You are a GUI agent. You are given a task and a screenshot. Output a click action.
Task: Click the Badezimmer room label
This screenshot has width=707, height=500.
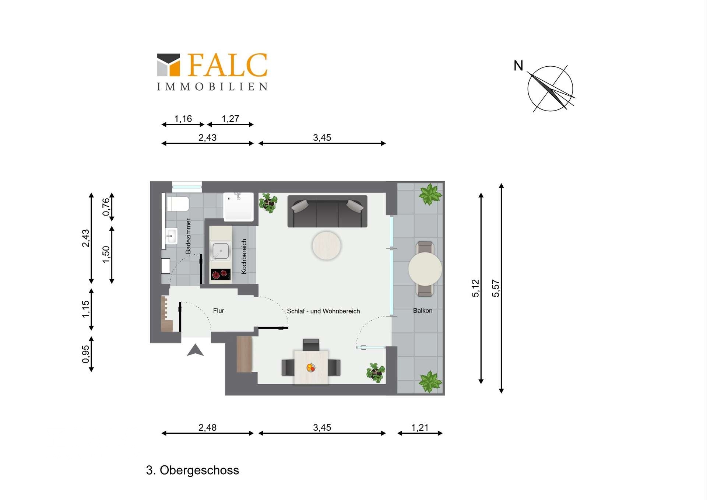[188, 236]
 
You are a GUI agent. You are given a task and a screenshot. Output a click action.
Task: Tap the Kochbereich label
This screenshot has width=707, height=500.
[244, 256]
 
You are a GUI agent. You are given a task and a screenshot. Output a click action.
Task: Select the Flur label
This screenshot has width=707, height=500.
[218, 311]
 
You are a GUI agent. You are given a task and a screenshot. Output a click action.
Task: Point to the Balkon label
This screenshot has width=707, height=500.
[423, 311]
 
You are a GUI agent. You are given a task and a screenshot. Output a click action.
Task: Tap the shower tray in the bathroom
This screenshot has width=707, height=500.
[239, 207]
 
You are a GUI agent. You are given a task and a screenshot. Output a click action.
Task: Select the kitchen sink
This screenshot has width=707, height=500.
[220, 251]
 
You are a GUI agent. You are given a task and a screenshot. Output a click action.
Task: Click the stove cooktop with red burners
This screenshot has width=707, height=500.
[221, 274]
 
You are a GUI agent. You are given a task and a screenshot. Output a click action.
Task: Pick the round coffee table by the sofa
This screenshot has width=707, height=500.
[327, 245]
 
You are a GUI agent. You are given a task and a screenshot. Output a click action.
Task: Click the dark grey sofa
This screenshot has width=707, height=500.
[327, 211]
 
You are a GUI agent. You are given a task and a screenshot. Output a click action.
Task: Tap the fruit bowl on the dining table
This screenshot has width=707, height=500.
[311, 367]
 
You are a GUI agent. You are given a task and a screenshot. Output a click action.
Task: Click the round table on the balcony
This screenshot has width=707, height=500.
[425, 269]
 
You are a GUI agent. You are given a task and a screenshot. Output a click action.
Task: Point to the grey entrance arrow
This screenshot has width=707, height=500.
[195, 350]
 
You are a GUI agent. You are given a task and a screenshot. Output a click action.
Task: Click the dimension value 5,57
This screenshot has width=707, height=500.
[496, 288]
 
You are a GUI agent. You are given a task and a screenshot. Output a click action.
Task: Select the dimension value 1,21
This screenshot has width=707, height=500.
[420, 427]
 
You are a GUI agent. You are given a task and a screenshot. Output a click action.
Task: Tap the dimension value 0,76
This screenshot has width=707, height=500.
[106, 207]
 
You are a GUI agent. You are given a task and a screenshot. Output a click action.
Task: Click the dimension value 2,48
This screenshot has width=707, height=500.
[208, 427]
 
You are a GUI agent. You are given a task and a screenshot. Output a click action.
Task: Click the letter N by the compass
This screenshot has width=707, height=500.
[518, 66]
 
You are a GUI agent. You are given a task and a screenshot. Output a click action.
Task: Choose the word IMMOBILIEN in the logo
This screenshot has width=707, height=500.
[212, 87]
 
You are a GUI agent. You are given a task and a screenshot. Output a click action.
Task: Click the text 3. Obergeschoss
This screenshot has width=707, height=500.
[193, 470]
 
